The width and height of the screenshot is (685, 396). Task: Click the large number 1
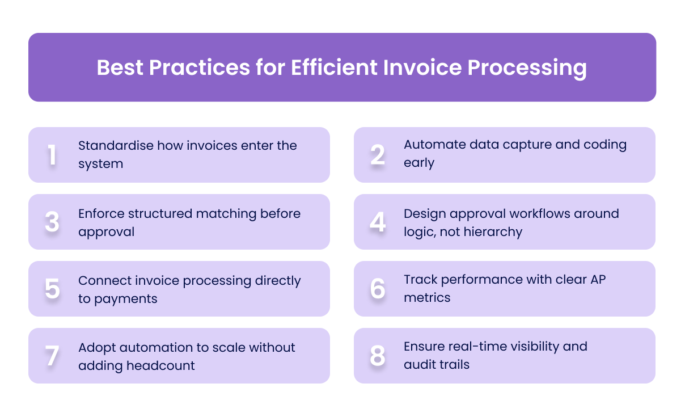tap(52, 155)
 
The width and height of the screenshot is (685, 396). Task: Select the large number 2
tap(378, 155)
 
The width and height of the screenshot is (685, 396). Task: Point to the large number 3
tap(52, 222)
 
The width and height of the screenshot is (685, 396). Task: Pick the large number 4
tap(378, 222)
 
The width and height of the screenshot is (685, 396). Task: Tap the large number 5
tap(52, 289)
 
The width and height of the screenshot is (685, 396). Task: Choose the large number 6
tap(378, 289)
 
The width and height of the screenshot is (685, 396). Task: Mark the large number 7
tap(52, 356)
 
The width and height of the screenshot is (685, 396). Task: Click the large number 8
tap(378, 356)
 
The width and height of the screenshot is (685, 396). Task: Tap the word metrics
tap(427, 297)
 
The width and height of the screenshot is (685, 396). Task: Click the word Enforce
tap(100, 213)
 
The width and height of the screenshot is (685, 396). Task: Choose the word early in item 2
tap(418, 163)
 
